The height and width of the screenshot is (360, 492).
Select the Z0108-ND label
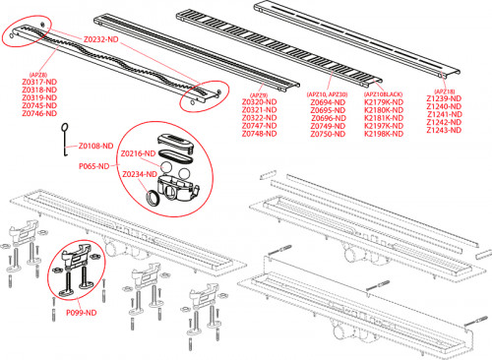click(x=97, y=146)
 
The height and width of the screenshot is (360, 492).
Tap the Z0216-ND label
click(x=138, y=154)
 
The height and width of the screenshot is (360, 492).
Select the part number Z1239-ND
click(x=445, y=100)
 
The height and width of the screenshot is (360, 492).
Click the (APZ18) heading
click(x=444, y=91)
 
